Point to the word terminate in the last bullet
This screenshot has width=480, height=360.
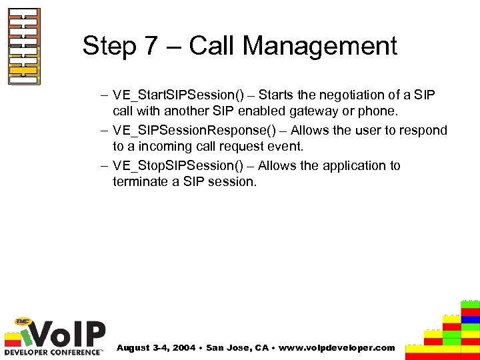click(x=139, y=182)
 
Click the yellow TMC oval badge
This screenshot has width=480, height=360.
click(x=25, y=321)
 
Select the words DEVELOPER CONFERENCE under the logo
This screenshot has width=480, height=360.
click(x=53, y=351)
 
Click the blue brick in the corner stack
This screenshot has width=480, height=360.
click(x=471, y=319)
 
